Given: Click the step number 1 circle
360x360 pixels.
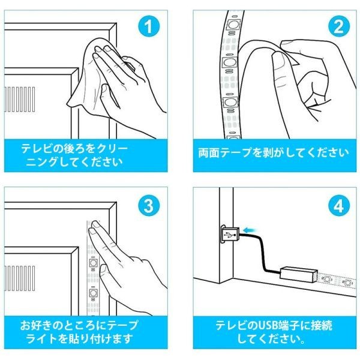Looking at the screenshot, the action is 149,26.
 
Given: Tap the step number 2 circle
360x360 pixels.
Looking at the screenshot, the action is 339,26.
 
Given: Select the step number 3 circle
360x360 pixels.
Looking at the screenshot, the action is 149,205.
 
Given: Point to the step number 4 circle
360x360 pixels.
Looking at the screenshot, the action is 339,205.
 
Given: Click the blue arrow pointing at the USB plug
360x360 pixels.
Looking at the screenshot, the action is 251,230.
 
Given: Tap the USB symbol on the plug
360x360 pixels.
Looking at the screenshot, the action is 230,235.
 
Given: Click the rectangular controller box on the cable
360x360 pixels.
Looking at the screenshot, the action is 299,274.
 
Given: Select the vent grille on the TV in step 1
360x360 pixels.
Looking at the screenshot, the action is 20,99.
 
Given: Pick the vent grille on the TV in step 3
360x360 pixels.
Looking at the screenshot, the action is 20,278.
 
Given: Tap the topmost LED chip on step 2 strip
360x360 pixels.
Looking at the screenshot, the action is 233,25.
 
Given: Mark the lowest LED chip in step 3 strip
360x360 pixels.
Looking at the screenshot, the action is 93,293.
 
